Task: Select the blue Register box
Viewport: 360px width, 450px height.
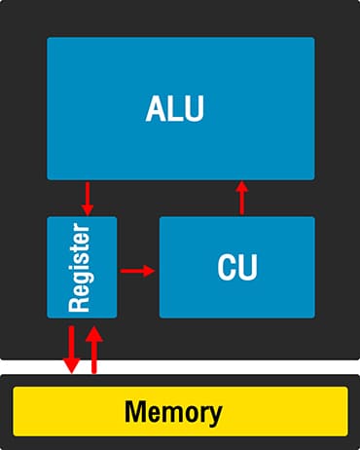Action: (x=82, y=267)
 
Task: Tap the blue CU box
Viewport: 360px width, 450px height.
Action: (x=237, y=267)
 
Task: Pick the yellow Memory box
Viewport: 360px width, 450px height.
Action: (x=180, y=411)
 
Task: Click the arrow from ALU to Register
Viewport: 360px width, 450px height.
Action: (x=88, y=198)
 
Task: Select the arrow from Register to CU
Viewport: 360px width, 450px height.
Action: (x=137, y=270)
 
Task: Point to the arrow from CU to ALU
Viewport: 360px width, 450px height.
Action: (x=242, y=199)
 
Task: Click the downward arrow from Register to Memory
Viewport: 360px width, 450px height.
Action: (x=71, y=350)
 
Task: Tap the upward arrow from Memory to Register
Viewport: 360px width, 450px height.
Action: (x=94, y=350)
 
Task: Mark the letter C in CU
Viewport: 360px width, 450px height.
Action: (x=227, y=268)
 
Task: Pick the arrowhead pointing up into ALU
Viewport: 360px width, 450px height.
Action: (x=242, y=188)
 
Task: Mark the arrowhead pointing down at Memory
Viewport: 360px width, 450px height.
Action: (x=71, y=366)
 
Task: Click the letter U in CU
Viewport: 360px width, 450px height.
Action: (x=248, y=268)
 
